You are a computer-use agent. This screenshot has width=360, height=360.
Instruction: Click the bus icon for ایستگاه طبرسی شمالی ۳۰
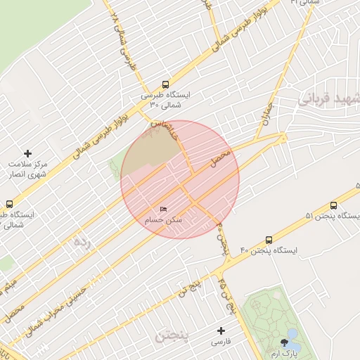click(x=165, y=84)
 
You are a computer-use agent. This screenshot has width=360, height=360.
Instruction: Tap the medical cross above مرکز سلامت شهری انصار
click(x=28, y=153)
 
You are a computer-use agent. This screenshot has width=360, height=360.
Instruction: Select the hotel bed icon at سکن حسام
click(x=164, y=210)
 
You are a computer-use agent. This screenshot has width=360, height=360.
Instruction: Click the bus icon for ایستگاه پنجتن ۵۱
click(x=333, y=205)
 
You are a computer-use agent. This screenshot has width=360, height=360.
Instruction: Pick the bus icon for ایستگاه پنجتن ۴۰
click(x=269, y=240)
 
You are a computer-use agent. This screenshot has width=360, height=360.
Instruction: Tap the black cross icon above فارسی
click(x=221, y=330)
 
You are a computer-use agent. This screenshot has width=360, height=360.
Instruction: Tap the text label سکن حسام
click(x=163, y=220)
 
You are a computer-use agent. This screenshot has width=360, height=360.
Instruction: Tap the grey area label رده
click(x=82, y=244)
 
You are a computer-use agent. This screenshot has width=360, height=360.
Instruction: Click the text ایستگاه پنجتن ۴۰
click(x=269, y=251)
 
